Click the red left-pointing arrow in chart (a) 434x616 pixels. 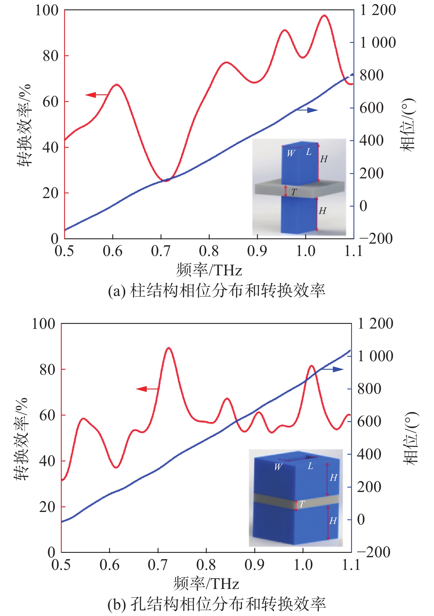pyautogui.click(x=96, y=95)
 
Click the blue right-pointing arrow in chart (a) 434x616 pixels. pyautogui.click(x=307, y=110)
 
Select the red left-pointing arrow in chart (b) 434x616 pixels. pyautogui.click(x=148, y=389)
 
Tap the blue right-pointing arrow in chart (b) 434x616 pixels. pyautogui.click(x=332, y=369)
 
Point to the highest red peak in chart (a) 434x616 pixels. pyautogui.click(x=324, y=15)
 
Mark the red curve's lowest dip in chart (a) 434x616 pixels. pyautogui.click(x=166, y=180)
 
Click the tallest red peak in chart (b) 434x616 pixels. pyautogui.click(x=168, y=348)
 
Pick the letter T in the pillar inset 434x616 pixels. pyautogui.click(x=294, y=192)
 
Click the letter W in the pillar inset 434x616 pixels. pyautogui.click(x=291, y=153)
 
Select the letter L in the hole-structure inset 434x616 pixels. pyautogui.click(x=310, y=466)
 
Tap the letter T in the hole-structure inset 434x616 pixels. pyautogui.click(x=302, y=504)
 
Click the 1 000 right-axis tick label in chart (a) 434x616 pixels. pyautogui.click(x=378, y=43)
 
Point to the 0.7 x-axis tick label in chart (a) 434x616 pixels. pyautogui.click(x=161, y=251)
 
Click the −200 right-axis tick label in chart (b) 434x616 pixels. pyautogui.click(x=373, y=552)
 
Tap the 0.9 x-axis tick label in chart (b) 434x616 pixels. pyautogui.click(x=254, y=565)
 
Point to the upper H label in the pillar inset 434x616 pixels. pyautogui.click(x=323, y=159)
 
